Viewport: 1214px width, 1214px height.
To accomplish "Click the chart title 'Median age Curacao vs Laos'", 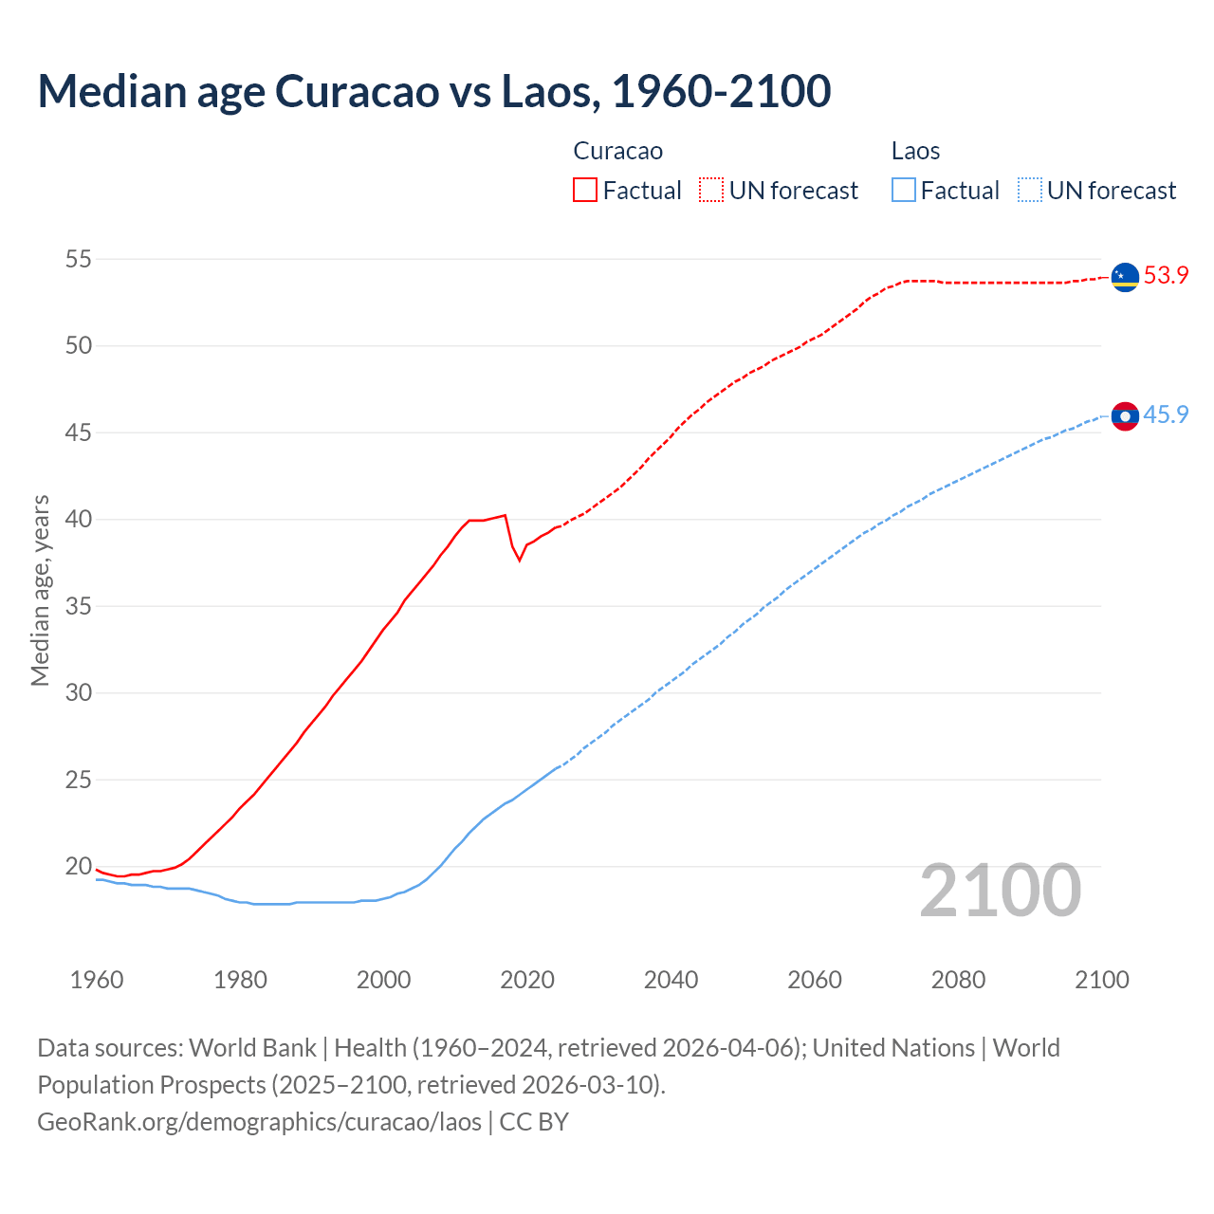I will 433,91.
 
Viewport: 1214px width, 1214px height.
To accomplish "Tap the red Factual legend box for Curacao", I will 585,190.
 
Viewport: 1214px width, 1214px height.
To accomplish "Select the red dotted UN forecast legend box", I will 711,190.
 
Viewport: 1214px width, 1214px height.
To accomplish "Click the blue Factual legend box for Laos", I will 904,190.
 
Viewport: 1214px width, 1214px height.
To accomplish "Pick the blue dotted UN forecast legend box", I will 1030,190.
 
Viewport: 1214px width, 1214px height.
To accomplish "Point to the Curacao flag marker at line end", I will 1125,277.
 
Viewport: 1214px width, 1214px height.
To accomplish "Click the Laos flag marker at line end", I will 1125,416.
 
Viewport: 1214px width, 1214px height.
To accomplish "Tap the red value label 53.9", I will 1166,276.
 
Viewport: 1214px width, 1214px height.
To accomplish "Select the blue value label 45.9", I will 1166,415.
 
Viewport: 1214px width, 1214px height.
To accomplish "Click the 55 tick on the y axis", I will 79,259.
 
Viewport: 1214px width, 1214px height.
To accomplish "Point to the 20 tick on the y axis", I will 79,866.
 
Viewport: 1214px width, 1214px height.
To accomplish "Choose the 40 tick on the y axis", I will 79,519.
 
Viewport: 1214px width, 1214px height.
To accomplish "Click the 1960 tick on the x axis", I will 97,980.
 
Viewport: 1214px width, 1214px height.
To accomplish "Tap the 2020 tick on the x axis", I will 527,980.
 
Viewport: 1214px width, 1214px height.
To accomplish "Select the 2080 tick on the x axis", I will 958,980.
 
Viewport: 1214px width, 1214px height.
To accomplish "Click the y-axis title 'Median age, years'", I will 40,590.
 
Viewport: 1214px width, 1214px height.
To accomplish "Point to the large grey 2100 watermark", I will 1001,891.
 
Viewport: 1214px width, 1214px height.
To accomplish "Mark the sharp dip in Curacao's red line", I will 519,560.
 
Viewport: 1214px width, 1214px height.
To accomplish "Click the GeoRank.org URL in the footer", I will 259,1122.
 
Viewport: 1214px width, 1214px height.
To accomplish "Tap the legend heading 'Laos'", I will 915,151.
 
